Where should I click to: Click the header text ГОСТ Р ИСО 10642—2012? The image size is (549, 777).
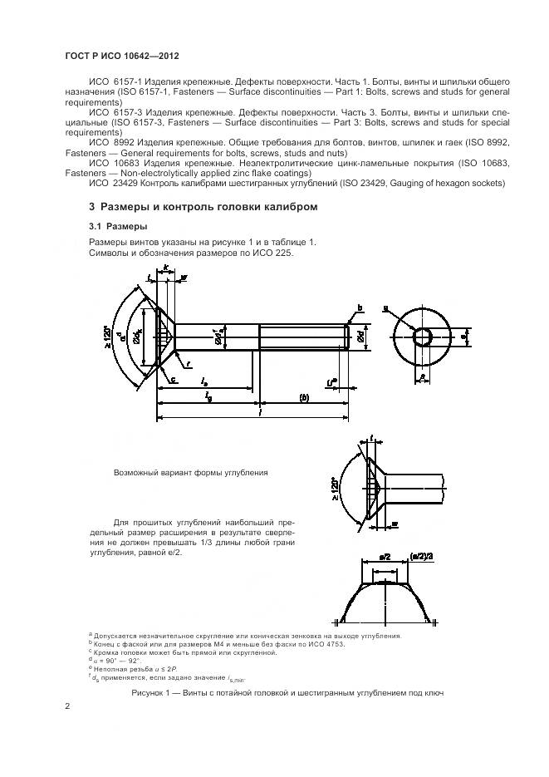pos(122,56)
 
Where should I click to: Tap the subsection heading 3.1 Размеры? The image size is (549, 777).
pos(119,226)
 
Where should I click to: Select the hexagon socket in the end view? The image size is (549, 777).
pos(423,337)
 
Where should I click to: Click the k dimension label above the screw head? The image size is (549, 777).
pos(166,268)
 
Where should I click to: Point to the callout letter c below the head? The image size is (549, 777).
pos(174,379)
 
